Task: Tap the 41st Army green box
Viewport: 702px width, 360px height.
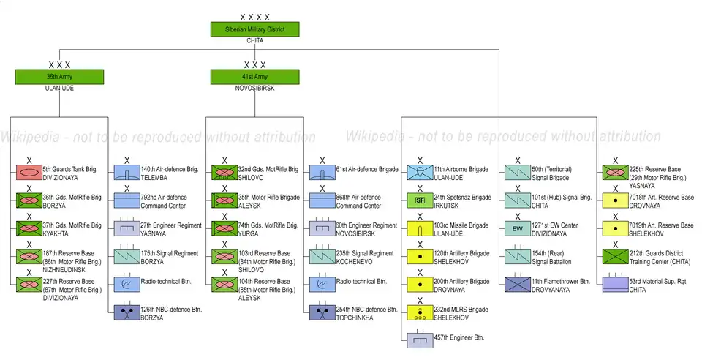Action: tap(254, 76)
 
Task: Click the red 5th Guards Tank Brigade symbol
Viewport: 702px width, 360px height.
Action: tap(29, 172)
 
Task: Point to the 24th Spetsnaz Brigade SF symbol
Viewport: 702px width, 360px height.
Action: tap(420, 200)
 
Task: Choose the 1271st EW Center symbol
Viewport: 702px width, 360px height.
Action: tap(517, 228)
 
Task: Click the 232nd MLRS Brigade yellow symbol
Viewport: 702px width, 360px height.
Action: tap(420, 312)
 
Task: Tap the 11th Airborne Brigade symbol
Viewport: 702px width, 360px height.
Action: tap(420, 172)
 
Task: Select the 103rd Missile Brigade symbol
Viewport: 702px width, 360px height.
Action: tap(420, 228)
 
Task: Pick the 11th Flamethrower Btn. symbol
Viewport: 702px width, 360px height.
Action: tap(517, 285)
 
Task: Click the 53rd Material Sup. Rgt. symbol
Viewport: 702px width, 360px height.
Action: tap(615, 285)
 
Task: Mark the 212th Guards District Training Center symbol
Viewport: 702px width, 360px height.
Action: tap(615, 256)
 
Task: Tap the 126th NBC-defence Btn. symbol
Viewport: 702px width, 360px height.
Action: tap(127, 312)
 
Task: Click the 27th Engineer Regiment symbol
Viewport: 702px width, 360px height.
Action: tap(127, 228)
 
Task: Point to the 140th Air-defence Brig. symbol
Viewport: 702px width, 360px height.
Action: tap(127, 172)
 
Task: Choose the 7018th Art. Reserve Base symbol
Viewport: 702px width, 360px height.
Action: tap(615, 200)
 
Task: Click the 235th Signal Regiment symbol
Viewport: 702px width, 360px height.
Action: tap(322, 256)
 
